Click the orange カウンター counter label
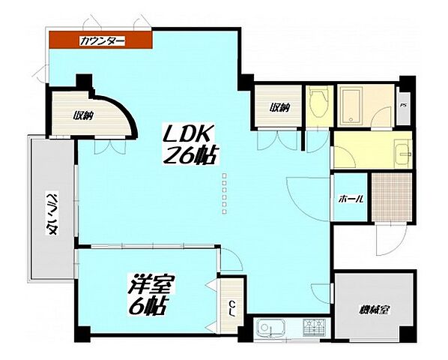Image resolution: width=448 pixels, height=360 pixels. tap(103, 41)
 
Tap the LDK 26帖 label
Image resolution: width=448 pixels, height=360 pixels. tap(189, 145)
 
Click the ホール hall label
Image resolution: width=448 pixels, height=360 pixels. tap(351, 199)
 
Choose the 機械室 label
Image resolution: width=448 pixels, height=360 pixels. tap(375, 310)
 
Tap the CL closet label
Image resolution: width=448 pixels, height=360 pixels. tap(233, 308)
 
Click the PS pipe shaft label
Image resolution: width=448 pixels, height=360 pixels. tap(404, 105)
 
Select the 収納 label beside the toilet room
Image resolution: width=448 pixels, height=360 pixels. tap(280, 108)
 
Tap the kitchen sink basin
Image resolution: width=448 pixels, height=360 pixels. tap(270, 328)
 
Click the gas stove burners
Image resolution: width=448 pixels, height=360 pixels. tap(315, 327)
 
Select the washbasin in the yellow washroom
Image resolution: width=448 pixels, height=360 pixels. tap(403, 154)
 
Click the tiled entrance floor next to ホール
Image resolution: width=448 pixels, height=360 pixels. tap(392, 197)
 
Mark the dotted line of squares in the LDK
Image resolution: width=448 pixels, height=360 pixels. tap(225, 193)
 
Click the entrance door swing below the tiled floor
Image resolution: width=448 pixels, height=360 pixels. tap(390, 239)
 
